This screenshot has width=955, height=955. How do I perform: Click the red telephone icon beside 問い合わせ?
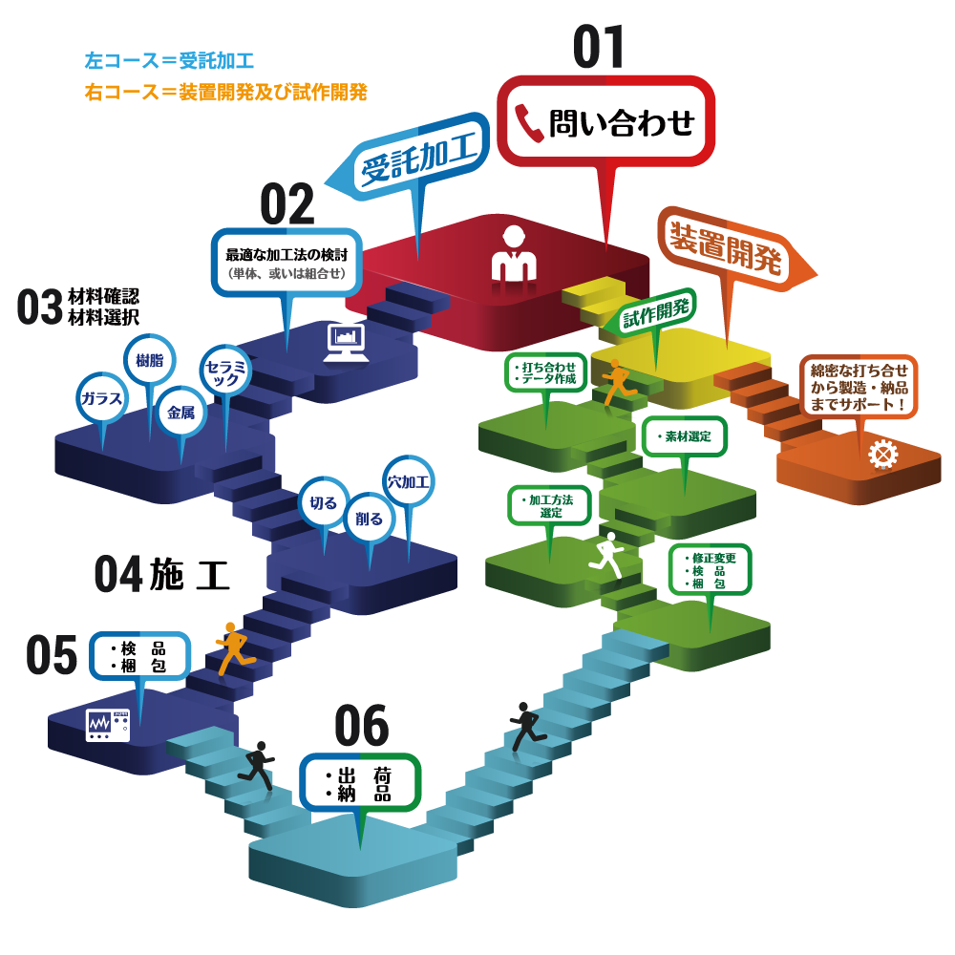[x=527, y=122]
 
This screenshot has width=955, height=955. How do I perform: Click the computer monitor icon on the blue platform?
[x=346, y=342]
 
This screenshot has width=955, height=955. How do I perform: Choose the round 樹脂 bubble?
[x=149, y=361]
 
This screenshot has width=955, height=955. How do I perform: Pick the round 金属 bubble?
[x=180, y=413]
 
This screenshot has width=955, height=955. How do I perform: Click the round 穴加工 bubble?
[x=409, y=481]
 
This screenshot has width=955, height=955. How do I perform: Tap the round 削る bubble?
[x=369, y=519]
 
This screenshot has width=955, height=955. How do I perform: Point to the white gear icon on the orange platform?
[x=882, y=455]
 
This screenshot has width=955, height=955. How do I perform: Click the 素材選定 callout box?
[x=685, y=436]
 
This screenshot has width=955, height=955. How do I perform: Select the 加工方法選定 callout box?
[x=549, y=505]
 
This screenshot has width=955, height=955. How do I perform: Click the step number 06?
[x=362, y=727]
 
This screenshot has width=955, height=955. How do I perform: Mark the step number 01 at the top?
[x=600, y=48]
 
